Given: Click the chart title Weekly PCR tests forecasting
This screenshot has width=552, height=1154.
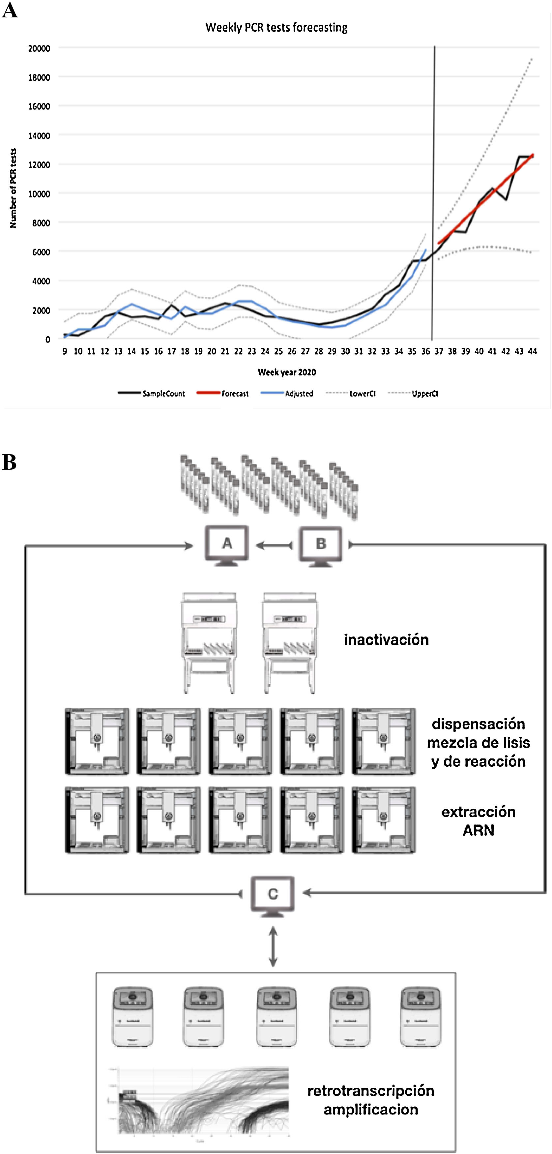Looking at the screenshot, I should tap(276, 28).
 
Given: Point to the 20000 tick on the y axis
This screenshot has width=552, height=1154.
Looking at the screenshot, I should tap(39, 48).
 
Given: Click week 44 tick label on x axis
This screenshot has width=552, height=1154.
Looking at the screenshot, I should tap(532, 352).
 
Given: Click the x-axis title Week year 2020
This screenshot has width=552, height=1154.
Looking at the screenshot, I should tap(287, 372).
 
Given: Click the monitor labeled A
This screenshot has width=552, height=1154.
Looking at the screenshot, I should tap(227, 545).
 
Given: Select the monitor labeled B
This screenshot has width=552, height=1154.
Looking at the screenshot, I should tap(321, 545).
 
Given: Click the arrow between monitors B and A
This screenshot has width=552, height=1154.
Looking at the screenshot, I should tap(274, 545).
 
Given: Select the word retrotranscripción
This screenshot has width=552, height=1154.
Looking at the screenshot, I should tap(370, 1090).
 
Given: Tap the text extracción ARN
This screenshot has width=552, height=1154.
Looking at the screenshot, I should tap(478, 821).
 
